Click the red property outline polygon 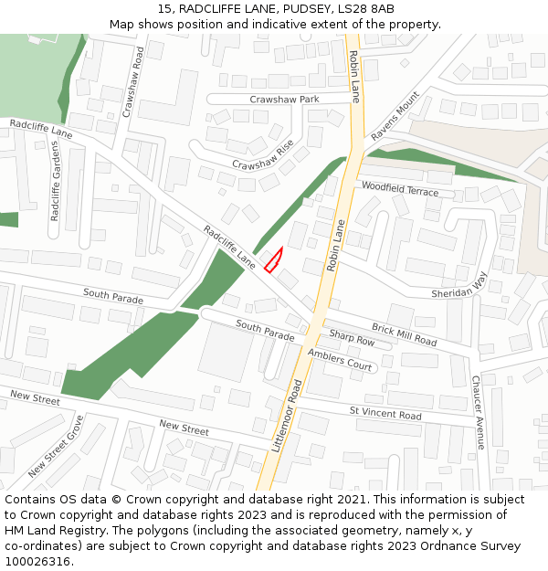tap(273, 261)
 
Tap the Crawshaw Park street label tap(284, 99)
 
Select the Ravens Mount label tap(395, 116)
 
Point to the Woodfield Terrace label tap(400, 189)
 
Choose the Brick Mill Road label tap(404, 334)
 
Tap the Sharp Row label tap(352, 340)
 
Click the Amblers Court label tap(340, 359)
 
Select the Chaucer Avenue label tap(477, 412)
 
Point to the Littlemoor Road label tap(287, 416)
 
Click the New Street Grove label tap(56, 447)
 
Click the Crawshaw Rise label tap(263, 155)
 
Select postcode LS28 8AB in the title tap(364, 9)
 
